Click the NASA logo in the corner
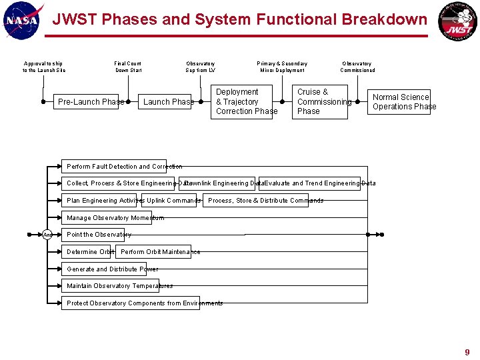point(23,21)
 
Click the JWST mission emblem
point(457,22)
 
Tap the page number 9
point(467,352)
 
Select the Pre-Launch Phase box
point(91,102)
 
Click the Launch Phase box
point(168,102)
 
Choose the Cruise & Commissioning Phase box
point(322,102)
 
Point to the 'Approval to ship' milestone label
point(44,67)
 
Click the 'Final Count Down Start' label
point(128,67)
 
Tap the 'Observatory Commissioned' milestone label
point(357,67)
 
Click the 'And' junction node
point(47,235)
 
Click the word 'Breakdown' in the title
point(384,19)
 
